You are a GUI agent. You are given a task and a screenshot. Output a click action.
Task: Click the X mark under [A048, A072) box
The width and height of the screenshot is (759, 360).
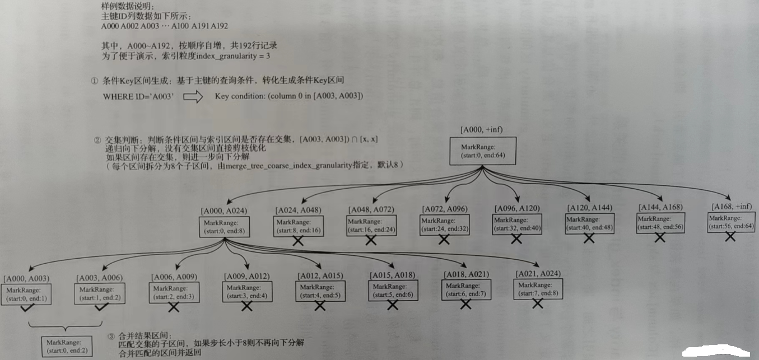(x=371, y=240)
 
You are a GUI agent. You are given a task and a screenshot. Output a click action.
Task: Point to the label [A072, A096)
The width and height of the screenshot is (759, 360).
(x=444, y=209)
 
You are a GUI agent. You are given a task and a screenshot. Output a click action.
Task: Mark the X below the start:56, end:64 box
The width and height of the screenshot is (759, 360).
(x=730, y=237)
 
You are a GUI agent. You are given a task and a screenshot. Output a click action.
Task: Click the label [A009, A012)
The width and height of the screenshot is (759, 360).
(x=247, y=276)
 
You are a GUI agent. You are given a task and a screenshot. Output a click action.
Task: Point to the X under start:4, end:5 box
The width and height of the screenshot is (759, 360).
(x=320, y=306)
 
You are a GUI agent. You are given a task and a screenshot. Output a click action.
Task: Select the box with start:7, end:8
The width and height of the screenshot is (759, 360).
(x=537, y=289)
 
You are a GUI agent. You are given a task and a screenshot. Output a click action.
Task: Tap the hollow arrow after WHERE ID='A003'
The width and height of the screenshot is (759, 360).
(x=193, y=97)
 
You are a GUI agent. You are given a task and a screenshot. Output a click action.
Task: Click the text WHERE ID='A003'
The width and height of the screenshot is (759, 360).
(x=138, y=97)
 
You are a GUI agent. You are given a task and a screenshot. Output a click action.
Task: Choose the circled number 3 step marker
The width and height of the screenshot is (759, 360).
(x=110, y=336)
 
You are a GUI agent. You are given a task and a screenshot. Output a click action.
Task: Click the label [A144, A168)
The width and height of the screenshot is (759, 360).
(x=660, y=207)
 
